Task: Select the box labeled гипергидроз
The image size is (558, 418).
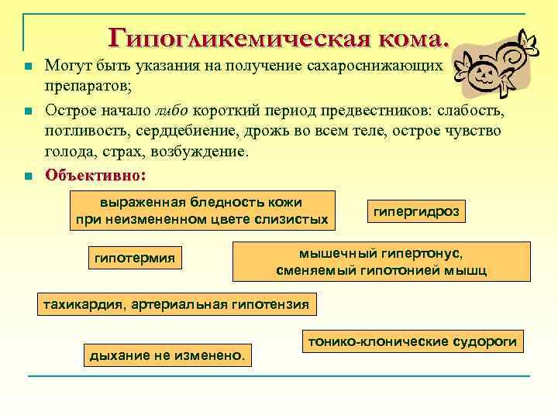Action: click(416, 211)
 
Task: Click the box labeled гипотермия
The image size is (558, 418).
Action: click(134, 257)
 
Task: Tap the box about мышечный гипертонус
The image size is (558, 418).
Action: click(381, 262)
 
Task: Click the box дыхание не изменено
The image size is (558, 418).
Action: click(167, 355)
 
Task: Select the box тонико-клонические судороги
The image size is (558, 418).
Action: click(412, 341)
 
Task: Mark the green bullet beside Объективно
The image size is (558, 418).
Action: click(29, 176)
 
